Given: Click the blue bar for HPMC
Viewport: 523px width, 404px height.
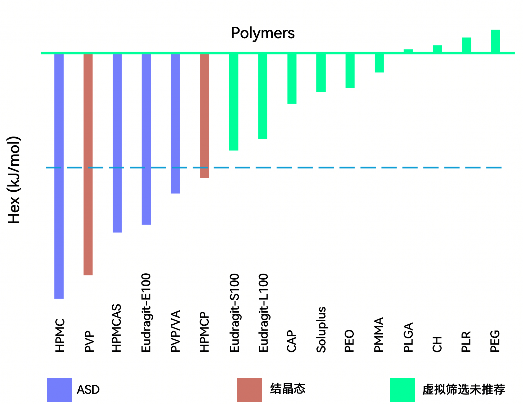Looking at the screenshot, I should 59,176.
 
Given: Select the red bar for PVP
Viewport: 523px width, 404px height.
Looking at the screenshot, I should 88,165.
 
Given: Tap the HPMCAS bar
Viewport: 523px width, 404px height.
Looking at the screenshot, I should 117,143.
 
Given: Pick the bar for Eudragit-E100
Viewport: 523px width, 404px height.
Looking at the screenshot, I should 146,139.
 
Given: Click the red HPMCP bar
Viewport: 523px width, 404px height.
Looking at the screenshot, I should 205,116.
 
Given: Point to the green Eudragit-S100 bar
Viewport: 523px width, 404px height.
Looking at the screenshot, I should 234,102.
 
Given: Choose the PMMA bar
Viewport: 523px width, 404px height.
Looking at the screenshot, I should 379,63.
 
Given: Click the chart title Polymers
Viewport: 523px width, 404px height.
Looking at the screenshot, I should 263,33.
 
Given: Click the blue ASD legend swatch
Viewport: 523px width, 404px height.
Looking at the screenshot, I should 59,389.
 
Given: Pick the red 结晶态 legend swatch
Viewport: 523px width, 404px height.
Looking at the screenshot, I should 249,389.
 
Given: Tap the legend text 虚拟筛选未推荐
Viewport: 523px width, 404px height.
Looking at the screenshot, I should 463,389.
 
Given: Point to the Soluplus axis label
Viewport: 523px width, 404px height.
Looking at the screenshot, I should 321,329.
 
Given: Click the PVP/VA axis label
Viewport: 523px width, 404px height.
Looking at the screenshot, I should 175,331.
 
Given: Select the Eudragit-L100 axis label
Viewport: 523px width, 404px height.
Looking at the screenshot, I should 263,313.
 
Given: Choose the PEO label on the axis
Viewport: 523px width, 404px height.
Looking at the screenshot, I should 349,341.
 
